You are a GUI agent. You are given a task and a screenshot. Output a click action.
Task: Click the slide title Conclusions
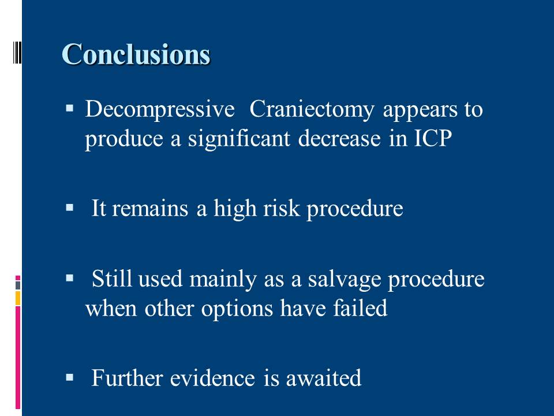pyautogui.click(x=136, y=54)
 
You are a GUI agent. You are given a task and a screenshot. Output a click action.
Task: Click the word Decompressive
pyautogui.click(x=160, y=109)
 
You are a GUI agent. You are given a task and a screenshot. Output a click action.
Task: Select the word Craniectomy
pyautogui.click(x=312, y=109)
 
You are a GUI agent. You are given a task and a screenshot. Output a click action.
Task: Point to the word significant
pyautogui.click(x=239, y=138)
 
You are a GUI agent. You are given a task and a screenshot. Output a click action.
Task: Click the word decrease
pyautogui.click(x=339, y=138)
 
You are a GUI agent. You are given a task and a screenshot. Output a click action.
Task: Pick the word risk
pyautogui.click(x=281, y=208)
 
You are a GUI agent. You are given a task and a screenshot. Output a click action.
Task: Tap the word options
pyautogui.click(x=237, y=309)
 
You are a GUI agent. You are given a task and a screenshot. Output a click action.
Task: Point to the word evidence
pyautogui.click(x=212, y=378)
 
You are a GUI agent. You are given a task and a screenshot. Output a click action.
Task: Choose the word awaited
pyautogui.click(x=324, y=378)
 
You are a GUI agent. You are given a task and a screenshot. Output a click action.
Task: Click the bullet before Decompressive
pyautogui.click(x=70, y=107)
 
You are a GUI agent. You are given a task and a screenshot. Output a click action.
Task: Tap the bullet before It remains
pyautogui.click(x=70, y=207)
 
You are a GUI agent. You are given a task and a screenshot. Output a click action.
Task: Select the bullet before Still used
pyautogui.click(x=70, y=278)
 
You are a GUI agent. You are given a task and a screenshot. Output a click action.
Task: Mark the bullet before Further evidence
pyautogui.click(x=70, y=377)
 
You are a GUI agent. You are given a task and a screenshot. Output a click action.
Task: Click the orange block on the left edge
pyautogui.click(x=18, y=298)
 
